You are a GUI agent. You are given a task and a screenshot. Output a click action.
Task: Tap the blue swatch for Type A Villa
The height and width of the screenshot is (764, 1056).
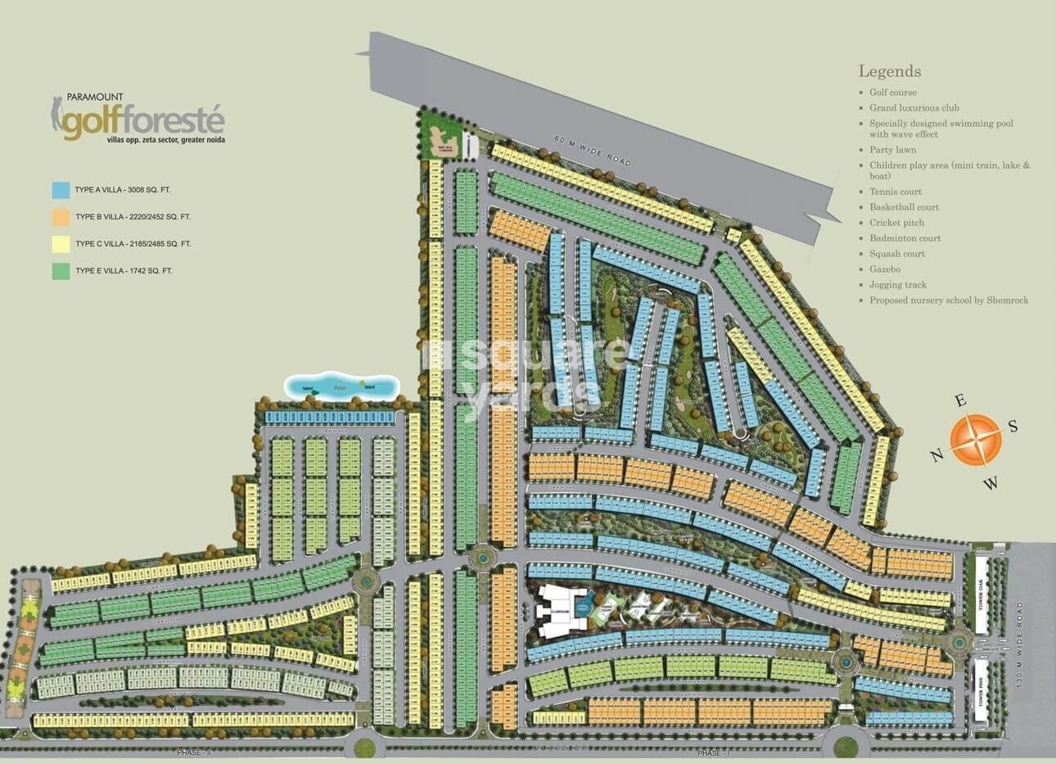61,190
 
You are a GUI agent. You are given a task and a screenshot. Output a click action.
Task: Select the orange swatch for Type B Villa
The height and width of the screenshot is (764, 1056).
61,217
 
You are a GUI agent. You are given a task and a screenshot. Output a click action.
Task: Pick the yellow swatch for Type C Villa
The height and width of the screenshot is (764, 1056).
61,244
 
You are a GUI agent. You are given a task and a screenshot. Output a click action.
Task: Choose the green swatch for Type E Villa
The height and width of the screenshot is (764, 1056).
61,271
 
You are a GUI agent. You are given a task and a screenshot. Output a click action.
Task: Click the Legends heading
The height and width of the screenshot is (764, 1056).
889,72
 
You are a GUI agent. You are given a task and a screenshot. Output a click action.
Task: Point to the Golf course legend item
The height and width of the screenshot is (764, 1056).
892,93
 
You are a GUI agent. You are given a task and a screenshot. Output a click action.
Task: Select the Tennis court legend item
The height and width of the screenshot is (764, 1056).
896,192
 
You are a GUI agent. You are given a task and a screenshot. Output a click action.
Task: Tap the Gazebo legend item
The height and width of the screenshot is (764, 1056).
885,269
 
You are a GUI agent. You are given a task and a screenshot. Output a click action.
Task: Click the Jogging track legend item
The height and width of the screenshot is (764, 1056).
897,285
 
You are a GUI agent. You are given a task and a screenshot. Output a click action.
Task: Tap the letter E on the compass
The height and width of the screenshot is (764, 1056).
962,400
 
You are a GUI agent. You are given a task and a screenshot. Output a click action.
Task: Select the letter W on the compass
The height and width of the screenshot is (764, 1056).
991,483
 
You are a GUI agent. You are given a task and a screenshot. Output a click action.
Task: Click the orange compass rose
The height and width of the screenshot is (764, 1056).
976,440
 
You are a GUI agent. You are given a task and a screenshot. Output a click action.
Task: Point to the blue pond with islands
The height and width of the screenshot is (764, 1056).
341,387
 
